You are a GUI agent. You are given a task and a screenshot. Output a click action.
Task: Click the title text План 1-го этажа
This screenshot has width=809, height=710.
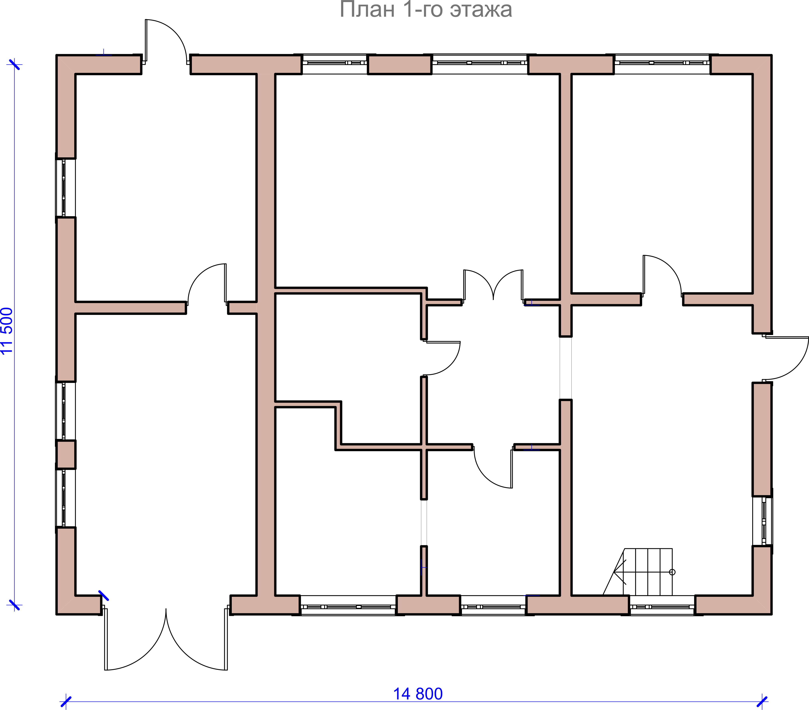[x=426, y=10]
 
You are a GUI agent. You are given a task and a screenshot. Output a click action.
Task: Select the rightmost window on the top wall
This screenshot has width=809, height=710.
[x=662, y=63]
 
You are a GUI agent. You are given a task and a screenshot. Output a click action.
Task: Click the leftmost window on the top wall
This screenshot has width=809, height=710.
[x=335, y=63]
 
